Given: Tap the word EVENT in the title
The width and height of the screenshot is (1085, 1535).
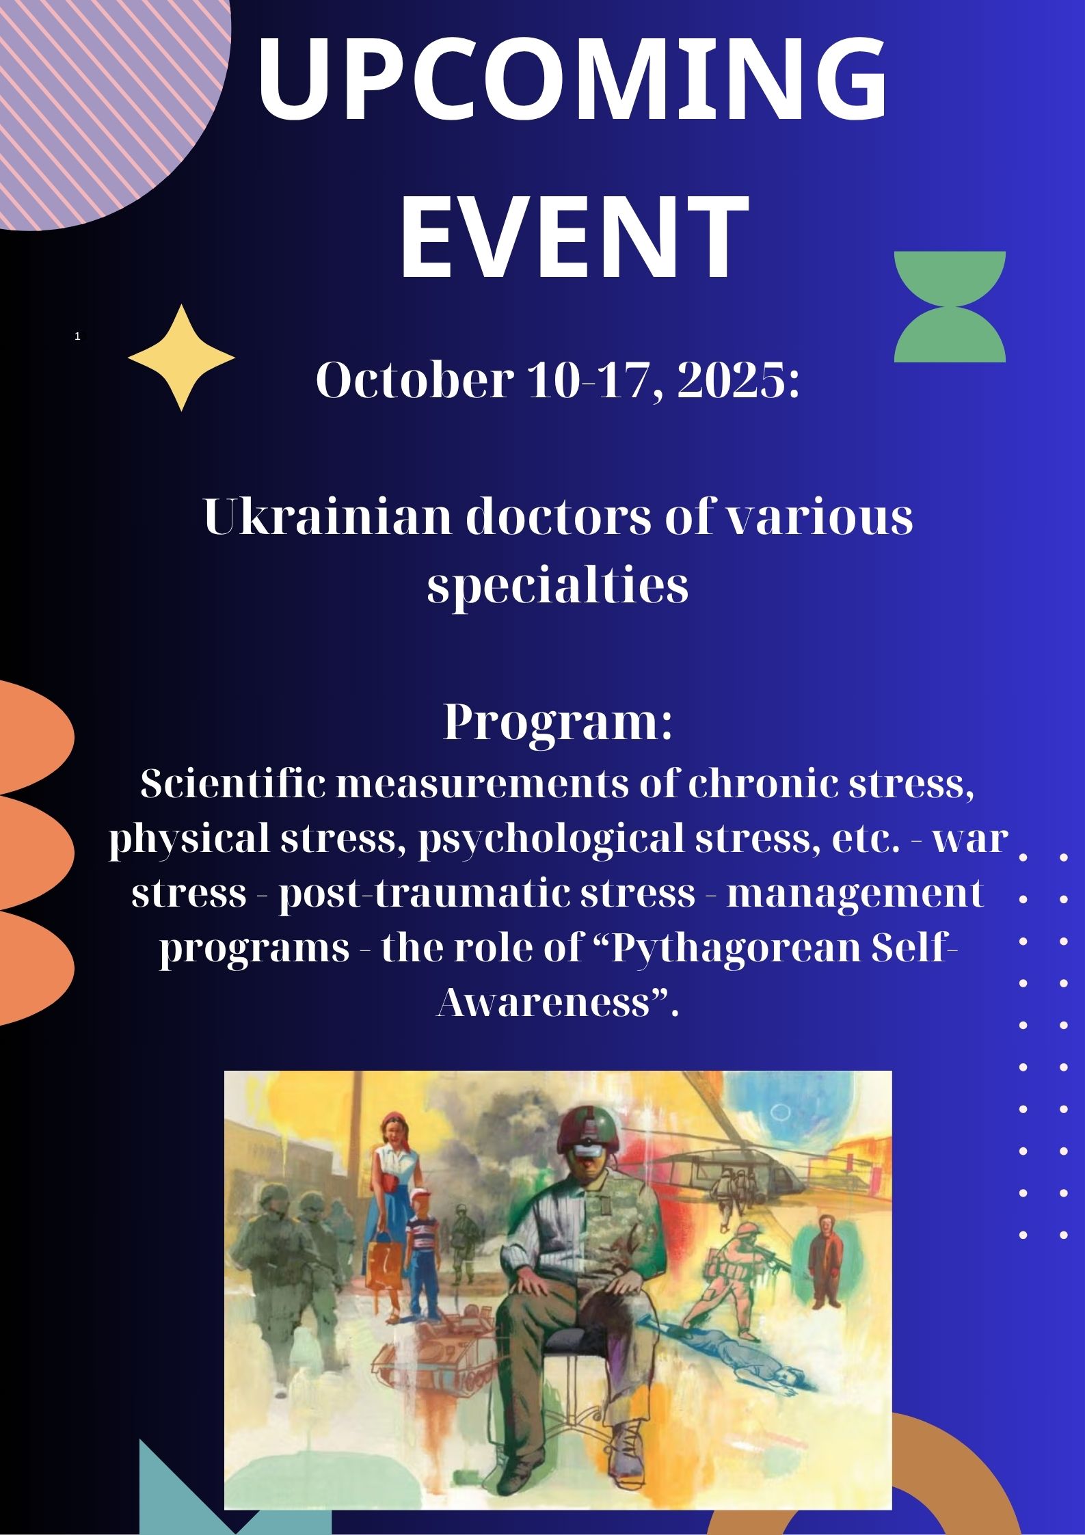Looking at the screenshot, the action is click(573, 237).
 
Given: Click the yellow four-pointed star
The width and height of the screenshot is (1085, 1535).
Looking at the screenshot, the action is click(182, 358).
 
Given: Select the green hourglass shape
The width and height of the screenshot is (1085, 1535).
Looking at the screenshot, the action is click(950, 306).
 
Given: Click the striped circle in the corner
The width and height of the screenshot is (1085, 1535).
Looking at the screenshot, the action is click(103, 103).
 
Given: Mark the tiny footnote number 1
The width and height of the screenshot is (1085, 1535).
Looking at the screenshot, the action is click(78, 336).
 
